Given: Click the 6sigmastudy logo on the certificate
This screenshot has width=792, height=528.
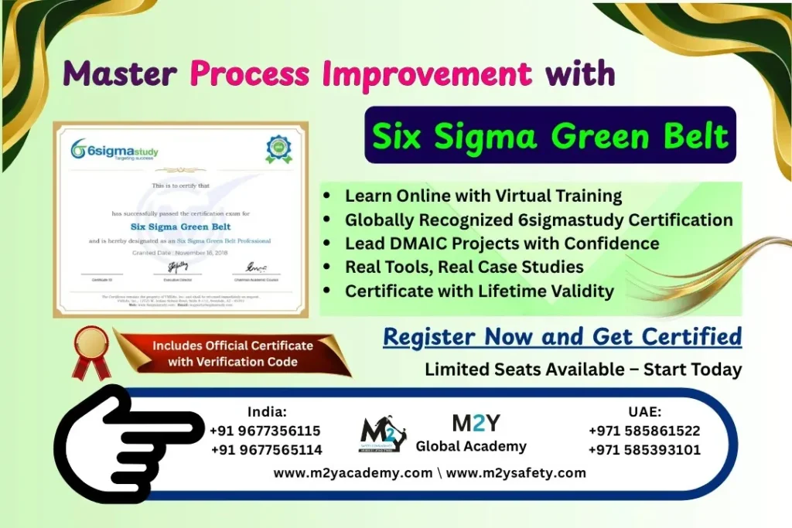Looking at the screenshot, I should click(114, 149).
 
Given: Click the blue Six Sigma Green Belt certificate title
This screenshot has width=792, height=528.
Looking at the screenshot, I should click(179, 227).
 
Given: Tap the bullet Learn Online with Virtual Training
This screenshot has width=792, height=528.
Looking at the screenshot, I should click(483, 196).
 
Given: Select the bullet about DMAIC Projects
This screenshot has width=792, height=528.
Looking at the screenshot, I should click(501, 244).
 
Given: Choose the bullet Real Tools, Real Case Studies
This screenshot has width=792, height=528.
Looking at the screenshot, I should click(464, 267).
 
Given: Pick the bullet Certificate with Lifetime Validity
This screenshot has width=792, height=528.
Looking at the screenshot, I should click(479, 291).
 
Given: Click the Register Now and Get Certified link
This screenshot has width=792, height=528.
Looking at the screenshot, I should click(562, 337).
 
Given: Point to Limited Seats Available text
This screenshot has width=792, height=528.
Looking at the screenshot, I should click(582, 370).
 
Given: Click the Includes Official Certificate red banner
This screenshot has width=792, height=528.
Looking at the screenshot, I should click(232, 353).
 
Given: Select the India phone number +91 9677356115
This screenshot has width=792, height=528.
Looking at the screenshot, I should click(265, 431).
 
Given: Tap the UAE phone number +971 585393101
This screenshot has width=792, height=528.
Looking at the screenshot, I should click(644, 450).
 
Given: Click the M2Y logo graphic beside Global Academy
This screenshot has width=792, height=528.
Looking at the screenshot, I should click(383, 434).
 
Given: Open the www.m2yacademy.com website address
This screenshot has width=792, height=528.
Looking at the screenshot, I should click(353, 473).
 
